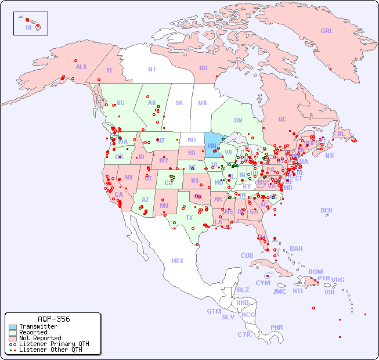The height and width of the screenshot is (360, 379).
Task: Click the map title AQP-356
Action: [x=53, y=319]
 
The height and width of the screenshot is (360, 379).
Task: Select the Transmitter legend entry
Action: [x=38, y=326]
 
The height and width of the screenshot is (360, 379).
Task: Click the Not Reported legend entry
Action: [x=39, y=338]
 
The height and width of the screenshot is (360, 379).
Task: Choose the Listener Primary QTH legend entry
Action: [x=53, y=344]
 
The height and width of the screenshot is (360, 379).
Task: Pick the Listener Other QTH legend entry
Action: [x=50, y=350]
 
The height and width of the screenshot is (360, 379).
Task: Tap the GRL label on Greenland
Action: [x=327, y=31]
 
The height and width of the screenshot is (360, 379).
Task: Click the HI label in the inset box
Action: [x=28, y=27]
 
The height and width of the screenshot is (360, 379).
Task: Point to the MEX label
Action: [x=178, y=261]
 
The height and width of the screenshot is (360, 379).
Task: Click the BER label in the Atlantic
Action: [x=327, y=210]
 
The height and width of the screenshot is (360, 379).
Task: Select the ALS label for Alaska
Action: [x=81, y=67]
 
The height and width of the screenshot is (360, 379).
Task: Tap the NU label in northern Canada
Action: [x=203, y=68]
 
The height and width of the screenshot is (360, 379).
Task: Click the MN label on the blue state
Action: [x=212, y=146]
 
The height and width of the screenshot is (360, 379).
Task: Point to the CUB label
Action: [x=247, y=255]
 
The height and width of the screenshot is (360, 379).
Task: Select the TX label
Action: [x=189, y=218]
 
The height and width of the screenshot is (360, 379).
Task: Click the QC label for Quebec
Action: [x=282, y=119]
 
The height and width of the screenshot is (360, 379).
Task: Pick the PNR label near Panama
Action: [x=277, y=327]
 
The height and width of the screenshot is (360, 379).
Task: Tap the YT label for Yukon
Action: [x=109, y=70]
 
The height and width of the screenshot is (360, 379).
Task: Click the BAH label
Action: [x=296, y=249]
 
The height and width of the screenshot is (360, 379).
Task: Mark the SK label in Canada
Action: [x=179, y=103]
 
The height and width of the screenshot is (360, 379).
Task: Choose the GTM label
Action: [x=214, y=311]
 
